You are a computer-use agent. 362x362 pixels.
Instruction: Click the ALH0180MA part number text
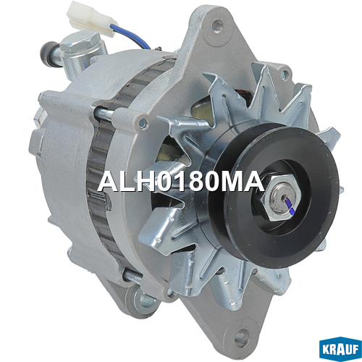point(182,182)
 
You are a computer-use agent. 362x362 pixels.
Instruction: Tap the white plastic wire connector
point(91,18)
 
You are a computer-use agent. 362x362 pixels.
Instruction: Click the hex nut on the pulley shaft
point(281,197)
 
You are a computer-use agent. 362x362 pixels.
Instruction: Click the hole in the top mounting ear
point(218,26)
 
